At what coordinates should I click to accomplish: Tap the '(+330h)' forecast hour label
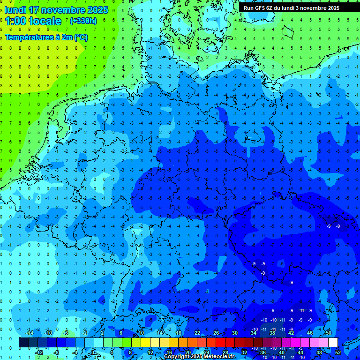(83, 21)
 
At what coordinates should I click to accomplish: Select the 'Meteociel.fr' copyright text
(218, 357)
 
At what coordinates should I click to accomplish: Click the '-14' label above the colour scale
(29, 333)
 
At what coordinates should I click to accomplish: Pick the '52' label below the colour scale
(338, 352)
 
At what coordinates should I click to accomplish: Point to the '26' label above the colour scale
(216, 333)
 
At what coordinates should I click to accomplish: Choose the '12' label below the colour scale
(150, 352)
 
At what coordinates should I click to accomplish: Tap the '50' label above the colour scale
(328, 333)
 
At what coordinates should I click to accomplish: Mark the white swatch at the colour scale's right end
(333, 343)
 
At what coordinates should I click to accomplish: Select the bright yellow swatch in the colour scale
(145, 343)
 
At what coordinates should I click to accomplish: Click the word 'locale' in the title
(45, 21)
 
